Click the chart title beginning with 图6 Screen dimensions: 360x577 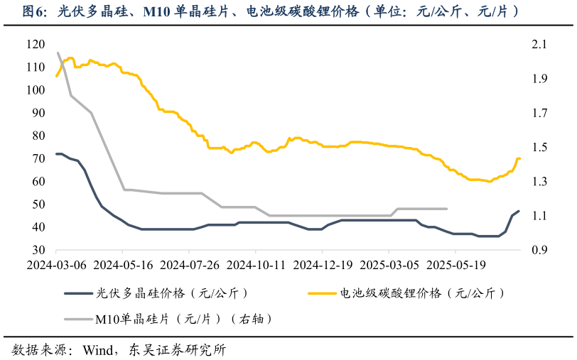click(270, 12)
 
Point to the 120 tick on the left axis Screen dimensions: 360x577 click(35, 44)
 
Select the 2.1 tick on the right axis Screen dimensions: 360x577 click(539, 44)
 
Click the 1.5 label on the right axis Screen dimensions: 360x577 click(539, 147)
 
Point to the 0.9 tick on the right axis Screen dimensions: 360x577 click(539, 250)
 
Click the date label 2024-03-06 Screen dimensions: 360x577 click(55, 264)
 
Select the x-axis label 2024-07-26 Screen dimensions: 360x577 click(189, 264)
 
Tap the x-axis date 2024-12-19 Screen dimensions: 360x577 click(322, 264)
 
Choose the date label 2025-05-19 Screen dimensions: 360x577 click(455, 264)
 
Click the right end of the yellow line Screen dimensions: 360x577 click(519, 158)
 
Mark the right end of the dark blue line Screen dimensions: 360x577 click(519, 211)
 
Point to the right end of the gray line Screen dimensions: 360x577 click(446, 209)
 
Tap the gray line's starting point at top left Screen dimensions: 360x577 click(58, 53)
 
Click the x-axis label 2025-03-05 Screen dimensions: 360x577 click(389, 264)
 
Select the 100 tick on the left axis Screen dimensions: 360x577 click(35, 90)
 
